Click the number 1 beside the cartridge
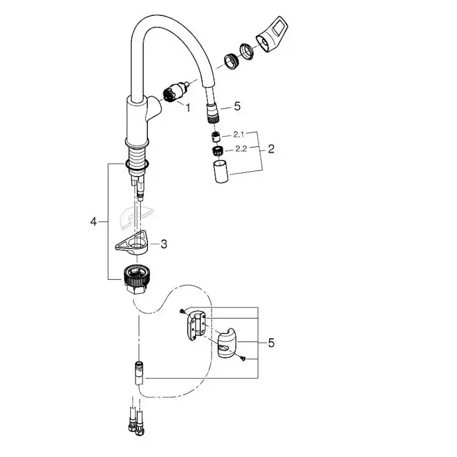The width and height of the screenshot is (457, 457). pos(187,109)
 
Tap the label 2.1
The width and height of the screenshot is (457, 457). pos(238,134)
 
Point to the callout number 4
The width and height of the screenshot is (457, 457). pos(94,222)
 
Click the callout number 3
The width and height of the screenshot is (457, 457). pos(163,243)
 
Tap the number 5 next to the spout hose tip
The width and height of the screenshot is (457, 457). pos(237,106)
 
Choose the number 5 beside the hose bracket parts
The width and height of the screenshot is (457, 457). pos(270,343)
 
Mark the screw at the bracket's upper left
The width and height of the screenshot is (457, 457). pos(183,312)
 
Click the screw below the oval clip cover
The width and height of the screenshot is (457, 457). pos(242,359)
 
